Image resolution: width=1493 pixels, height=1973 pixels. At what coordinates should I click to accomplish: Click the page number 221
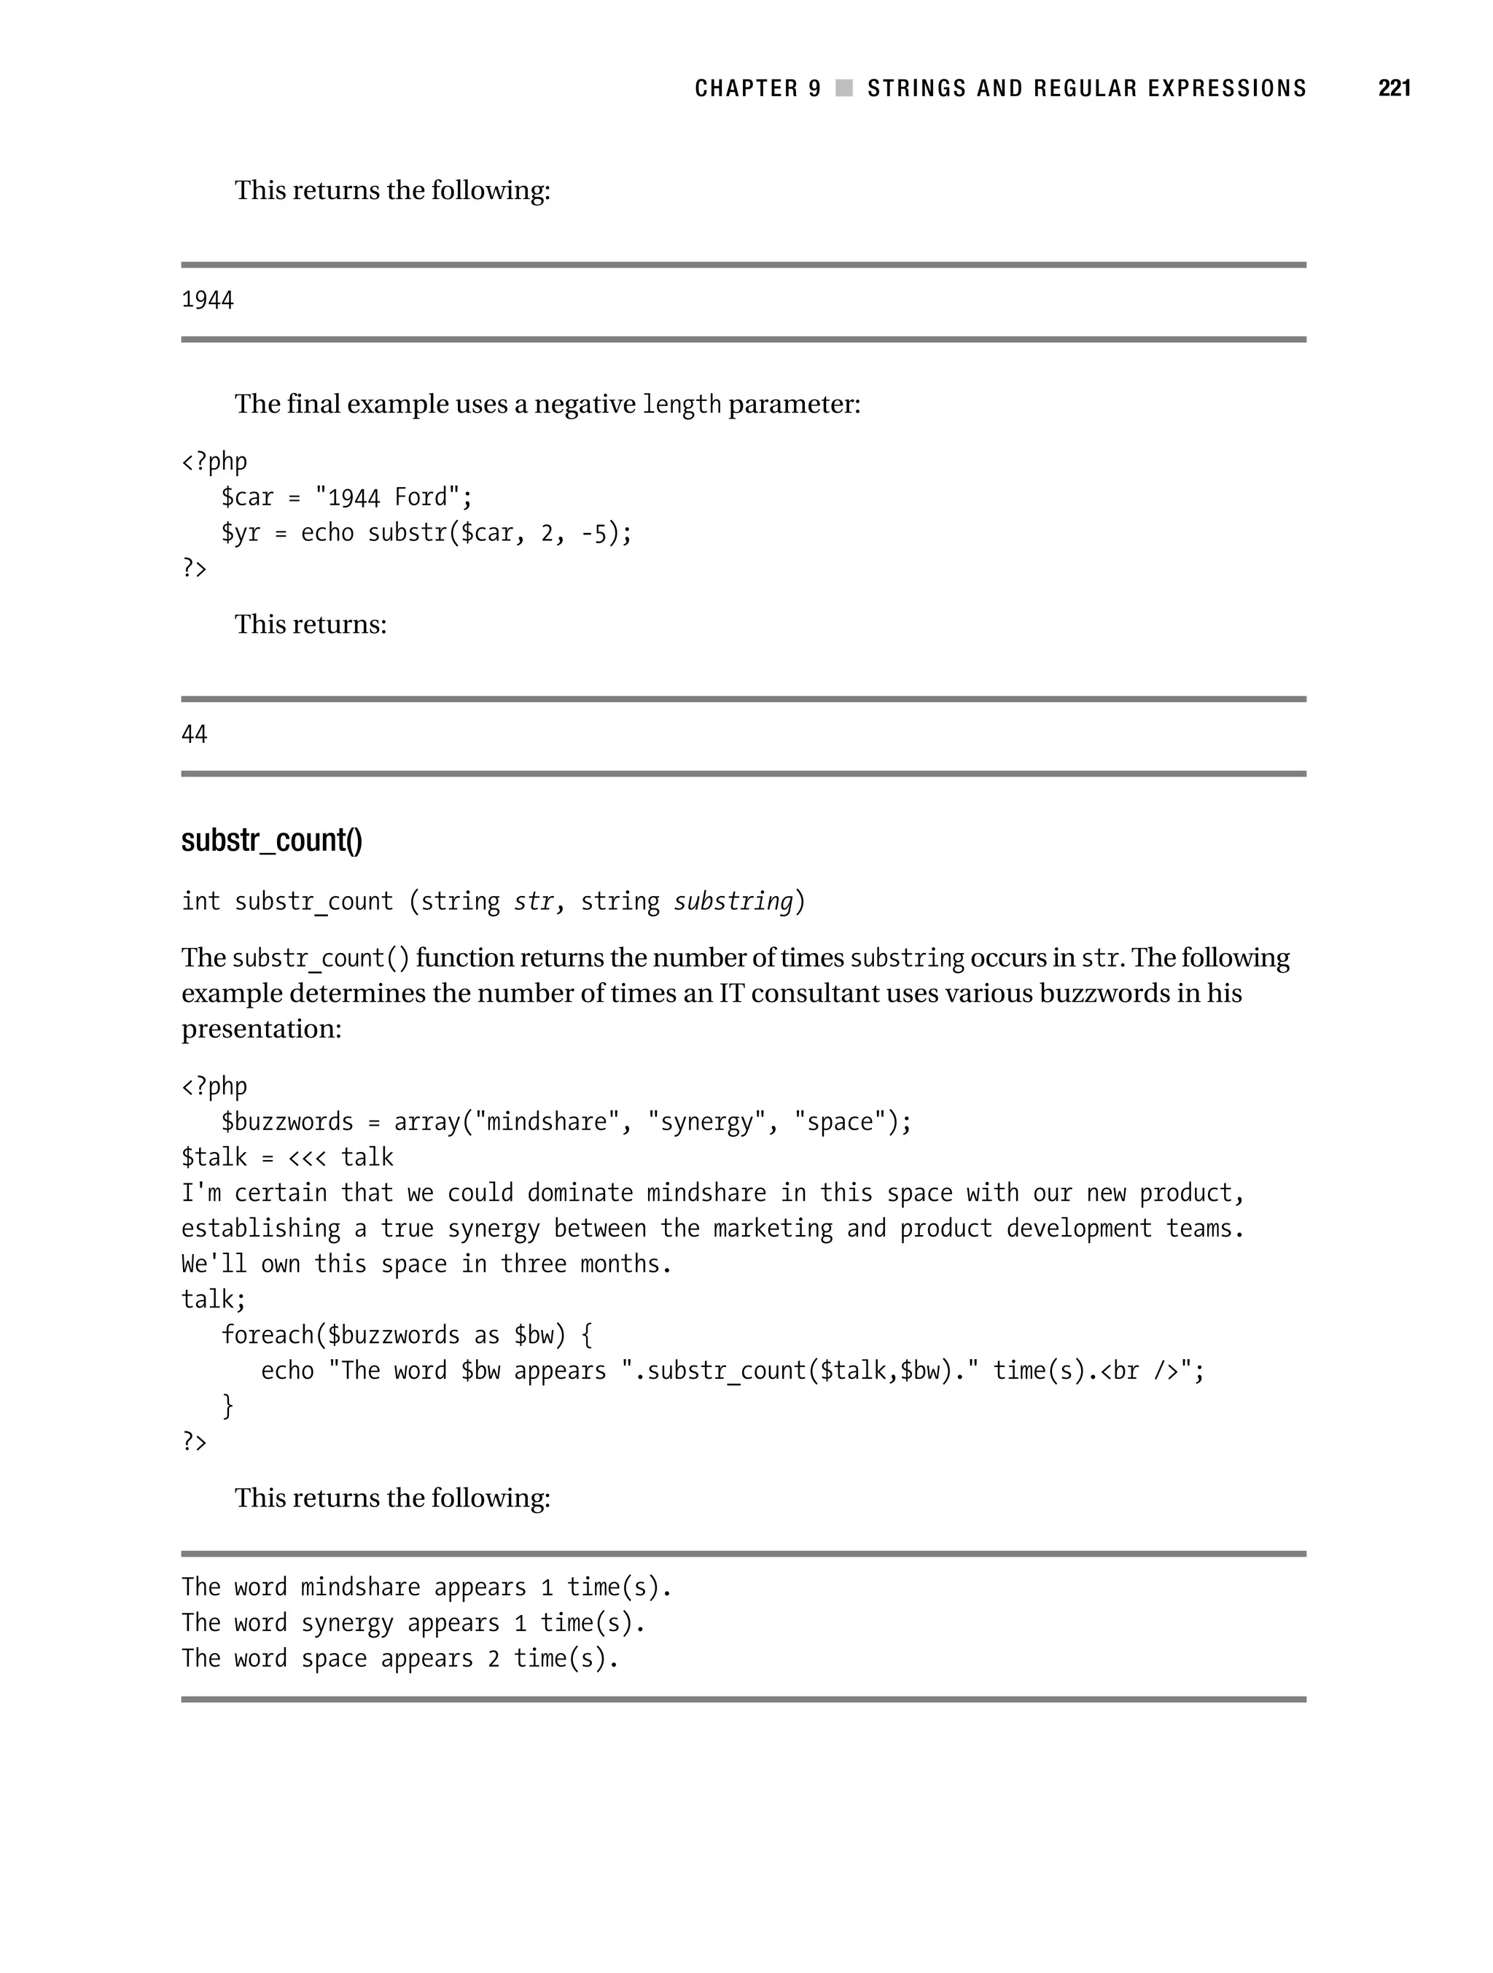[1394, 88]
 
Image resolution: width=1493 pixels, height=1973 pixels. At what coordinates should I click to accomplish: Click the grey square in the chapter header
[843, 88]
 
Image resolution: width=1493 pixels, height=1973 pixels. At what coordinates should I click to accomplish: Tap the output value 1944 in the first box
[207, 300]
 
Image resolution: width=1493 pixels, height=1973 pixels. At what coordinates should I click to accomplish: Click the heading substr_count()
[271, 840]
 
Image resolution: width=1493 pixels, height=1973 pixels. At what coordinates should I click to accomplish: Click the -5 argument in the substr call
[594, 532]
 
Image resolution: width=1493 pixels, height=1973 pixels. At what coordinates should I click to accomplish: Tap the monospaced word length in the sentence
[680, 405]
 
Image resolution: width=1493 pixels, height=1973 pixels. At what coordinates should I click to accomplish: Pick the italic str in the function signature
[534, 902]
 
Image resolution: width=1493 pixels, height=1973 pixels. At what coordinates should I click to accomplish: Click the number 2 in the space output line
[494, 1659]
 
